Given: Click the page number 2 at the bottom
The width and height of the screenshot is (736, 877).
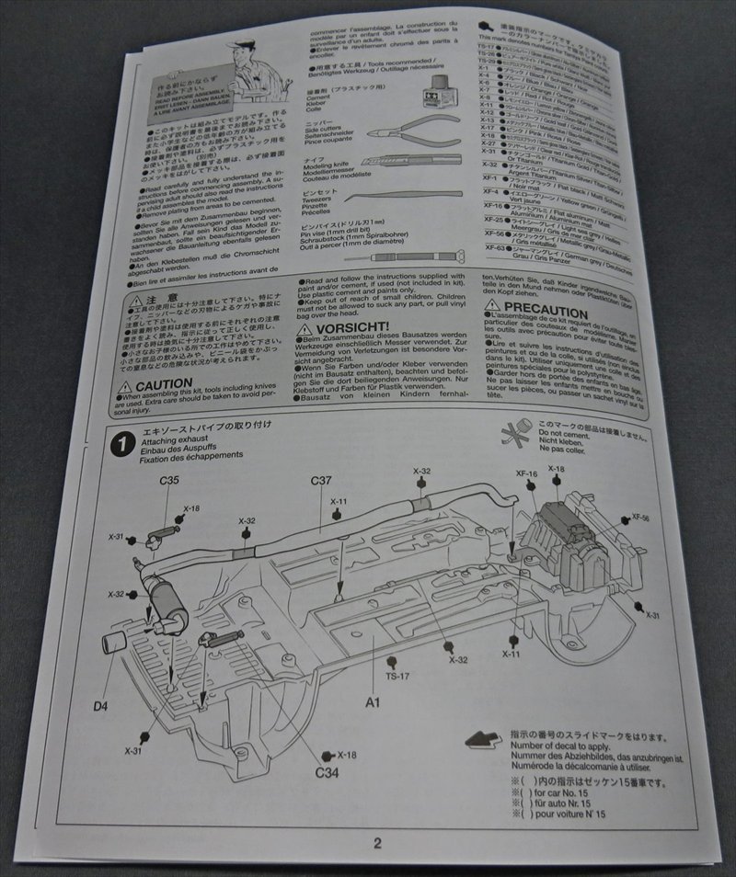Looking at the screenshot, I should coord(376,842).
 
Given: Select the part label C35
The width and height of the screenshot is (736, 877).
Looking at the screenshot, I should coord(169,478).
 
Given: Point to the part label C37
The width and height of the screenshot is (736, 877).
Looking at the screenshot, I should coord(321,480).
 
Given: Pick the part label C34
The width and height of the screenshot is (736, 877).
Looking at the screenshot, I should coord(328,771).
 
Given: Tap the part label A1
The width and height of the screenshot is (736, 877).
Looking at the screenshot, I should coord(373,702).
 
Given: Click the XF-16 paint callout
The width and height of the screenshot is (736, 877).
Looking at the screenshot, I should coord(525,473).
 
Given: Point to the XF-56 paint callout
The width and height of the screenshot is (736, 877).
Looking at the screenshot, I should coord(641,518).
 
